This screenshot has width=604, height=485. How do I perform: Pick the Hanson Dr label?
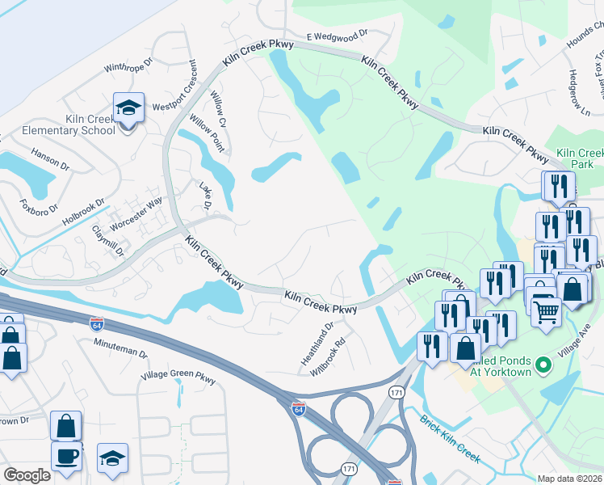(51, 158)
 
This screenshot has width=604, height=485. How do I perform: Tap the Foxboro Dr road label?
(40, 205)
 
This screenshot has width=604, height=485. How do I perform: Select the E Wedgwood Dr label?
(338, 36)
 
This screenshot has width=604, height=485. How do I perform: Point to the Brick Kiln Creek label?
(450, 441)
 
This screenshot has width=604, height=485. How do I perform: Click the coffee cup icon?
(66, 455)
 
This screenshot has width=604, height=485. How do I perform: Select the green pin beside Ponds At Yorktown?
(543, 365)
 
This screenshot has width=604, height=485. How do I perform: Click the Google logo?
(27, 475)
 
